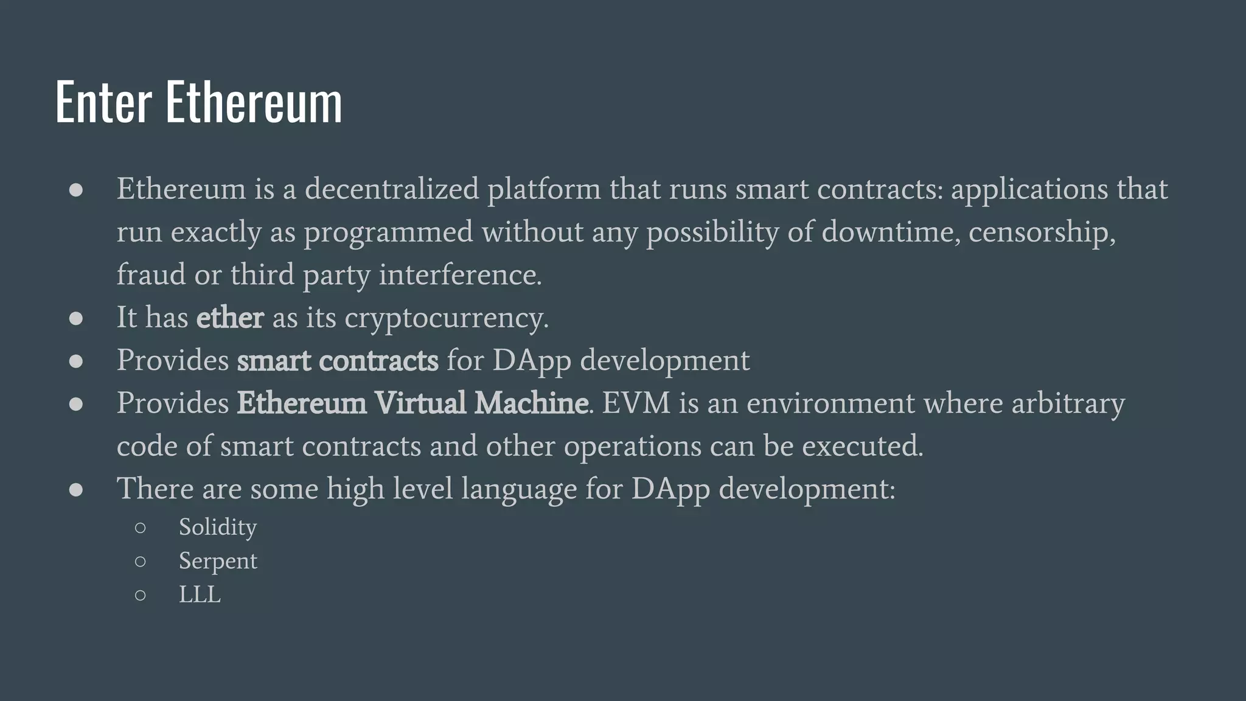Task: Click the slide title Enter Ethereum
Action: coord(198,102)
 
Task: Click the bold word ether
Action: coord(230,318)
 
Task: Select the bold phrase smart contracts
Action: coord(337,360)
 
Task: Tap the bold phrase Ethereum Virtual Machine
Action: coord(412,403)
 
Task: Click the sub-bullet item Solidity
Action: coord(217,527)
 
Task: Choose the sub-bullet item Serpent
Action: coord(218,561)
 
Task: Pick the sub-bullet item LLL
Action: coord(200,595)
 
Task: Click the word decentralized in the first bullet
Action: coord(392,189)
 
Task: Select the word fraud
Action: coord(151,274)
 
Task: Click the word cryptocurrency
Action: coord(446,318)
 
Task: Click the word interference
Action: coord(460,274)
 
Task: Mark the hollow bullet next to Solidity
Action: coord(141,528)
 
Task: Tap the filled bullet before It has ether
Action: coord(76,318)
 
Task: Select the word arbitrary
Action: coord(1068,403)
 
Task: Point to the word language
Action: coord(519,489)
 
